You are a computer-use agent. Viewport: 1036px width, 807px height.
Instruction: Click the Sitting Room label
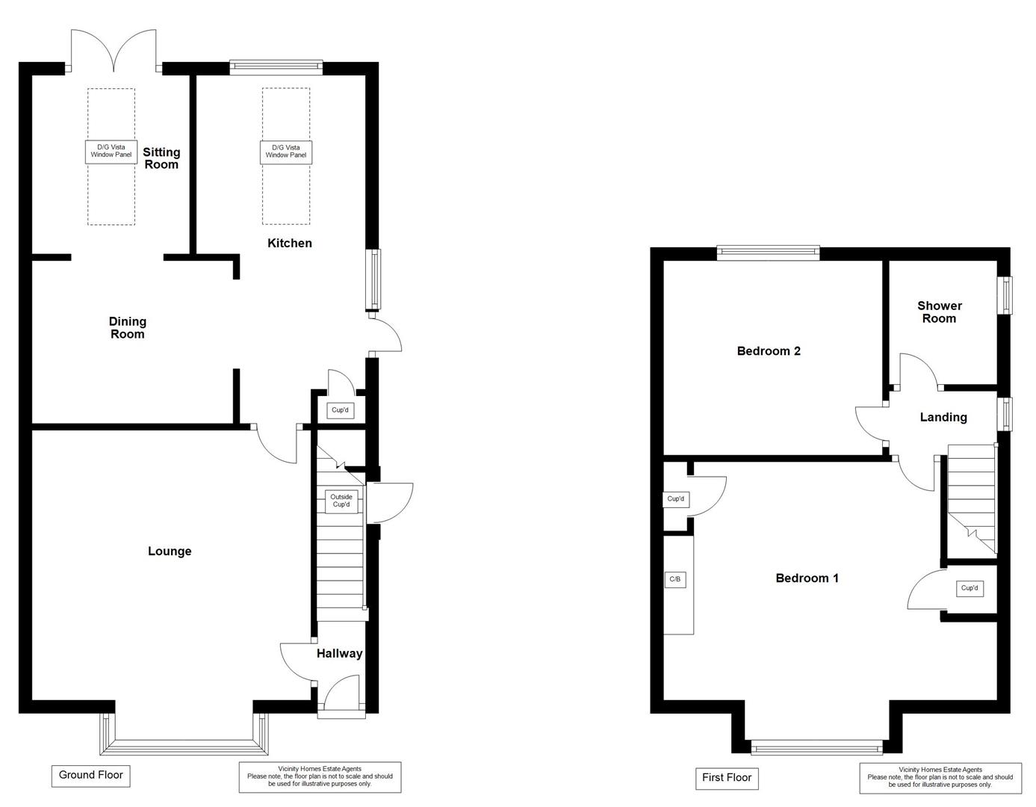click(x=161, y=158)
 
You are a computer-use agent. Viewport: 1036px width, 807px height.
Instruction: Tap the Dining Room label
click(x=128, y=328)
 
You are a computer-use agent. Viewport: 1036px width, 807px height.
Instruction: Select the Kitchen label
click(x=290, y=243)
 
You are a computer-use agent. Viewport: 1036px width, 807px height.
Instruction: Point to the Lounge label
click(x=170, y=551)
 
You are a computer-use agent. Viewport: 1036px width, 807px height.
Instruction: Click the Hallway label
click(x=339, y=654)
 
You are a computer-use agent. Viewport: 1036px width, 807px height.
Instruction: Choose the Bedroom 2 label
click(x=769, y=351)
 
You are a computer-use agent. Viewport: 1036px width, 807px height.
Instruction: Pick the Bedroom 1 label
click(x=807, y=578)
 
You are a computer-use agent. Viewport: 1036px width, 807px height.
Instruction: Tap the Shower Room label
click(x=940, y=312)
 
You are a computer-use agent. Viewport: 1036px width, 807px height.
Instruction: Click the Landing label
click(x=943, y=418)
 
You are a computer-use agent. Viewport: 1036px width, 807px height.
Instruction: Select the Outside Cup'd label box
click(x=341, y=501)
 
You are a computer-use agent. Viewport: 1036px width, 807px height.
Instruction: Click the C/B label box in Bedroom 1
click(x=675, y=579)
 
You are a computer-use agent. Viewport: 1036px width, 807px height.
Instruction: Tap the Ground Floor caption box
click(x=91, y=775)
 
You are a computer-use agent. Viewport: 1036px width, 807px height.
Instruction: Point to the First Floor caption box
click(x=727, y=778)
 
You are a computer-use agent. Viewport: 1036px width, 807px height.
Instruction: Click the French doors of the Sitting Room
click(x=114, y=52)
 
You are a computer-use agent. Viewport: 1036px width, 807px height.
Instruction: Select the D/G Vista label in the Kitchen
click(x=286, y=152)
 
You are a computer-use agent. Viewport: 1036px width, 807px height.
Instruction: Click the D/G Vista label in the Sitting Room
click(x=111, y=152)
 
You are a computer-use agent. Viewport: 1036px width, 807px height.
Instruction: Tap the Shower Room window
click(x=1007, y=295)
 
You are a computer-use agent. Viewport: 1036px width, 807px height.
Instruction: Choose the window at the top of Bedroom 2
click(x=768, y=253)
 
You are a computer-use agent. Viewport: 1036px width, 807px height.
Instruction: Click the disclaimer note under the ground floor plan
click(x=320, y=777)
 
